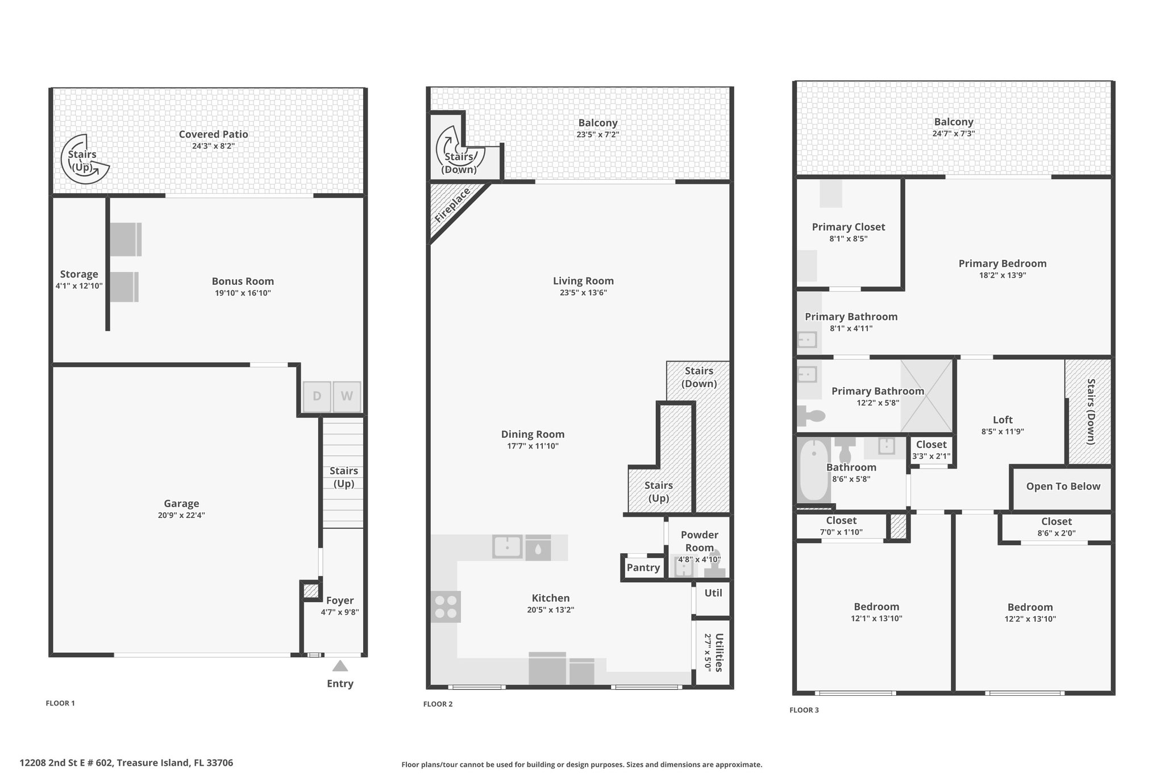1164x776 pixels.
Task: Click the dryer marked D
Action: point(317,396)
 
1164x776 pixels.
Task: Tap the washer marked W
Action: point(347,396)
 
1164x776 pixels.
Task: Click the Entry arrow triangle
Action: point(340,666)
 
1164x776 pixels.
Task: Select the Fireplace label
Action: point(452,205)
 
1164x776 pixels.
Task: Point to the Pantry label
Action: point(643,567)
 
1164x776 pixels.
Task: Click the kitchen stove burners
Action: point(446,607)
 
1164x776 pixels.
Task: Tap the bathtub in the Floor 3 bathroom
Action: point(813,470)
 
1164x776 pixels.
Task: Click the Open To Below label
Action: point(1063,486)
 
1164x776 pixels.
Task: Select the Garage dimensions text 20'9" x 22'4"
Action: point(181,516)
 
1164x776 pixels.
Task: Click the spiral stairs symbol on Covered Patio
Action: point(85,159)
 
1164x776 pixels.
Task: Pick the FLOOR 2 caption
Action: point(438,704)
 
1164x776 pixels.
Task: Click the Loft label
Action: point(1003,420)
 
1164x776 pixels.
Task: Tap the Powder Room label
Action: point(700,541)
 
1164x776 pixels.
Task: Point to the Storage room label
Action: point(79,274)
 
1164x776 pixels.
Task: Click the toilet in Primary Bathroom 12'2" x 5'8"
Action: point(810,416)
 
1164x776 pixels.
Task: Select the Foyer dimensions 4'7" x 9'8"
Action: point(340,612)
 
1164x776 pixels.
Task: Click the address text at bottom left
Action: point(126,763)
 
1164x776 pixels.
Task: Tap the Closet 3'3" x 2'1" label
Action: point(932,445)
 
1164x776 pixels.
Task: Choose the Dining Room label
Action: point(533,434)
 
